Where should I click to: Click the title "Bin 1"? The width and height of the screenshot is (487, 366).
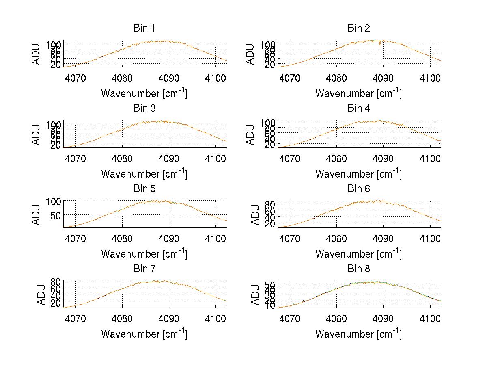point(144,28)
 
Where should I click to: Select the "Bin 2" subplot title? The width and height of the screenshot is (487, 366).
point(358,28)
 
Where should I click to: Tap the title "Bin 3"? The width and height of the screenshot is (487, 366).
point(144,108)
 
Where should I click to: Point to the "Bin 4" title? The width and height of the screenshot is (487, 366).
point(358,108)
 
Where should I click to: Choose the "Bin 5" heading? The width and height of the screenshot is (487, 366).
point(144,189)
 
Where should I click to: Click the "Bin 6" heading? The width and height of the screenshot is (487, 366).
point(358,189)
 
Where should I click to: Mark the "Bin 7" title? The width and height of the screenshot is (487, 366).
point(144,269)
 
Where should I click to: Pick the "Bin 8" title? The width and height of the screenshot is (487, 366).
point(358,269)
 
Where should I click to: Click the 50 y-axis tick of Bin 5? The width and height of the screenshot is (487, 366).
point(56,214)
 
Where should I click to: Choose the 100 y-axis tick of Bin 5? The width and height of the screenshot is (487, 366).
point(53,201)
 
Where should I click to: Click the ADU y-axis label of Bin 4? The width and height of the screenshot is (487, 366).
point(251,134)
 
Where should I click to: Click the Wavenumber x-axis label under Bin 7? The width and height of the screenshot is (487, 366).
point(144,334)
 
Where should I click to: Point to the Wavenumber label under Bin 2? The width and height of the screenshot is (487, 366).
point(358,93)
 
